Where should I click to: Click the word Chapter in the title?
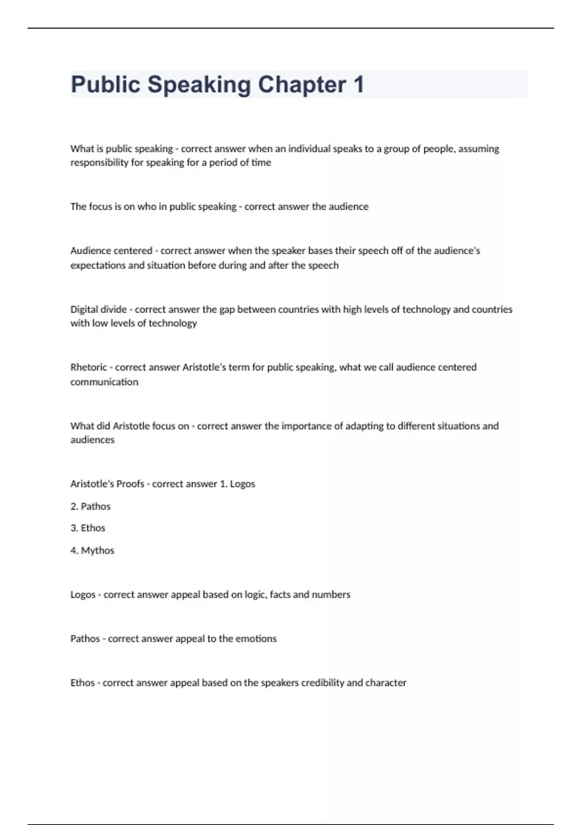[302, 84]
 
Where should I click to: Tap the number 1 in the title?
[358, 84]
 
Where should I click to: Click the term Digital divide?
[98, 309]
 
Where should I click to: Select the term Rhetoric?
[88, 367]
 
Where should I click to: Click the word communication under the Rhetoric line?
[104, 382]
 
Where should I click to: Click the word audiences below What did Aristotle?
[92, 440]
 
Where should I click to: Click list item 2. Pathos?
[91, 506]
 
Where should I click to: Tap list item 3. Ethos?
[88, 528]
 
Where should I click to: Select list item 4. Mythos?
[92, 550]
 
